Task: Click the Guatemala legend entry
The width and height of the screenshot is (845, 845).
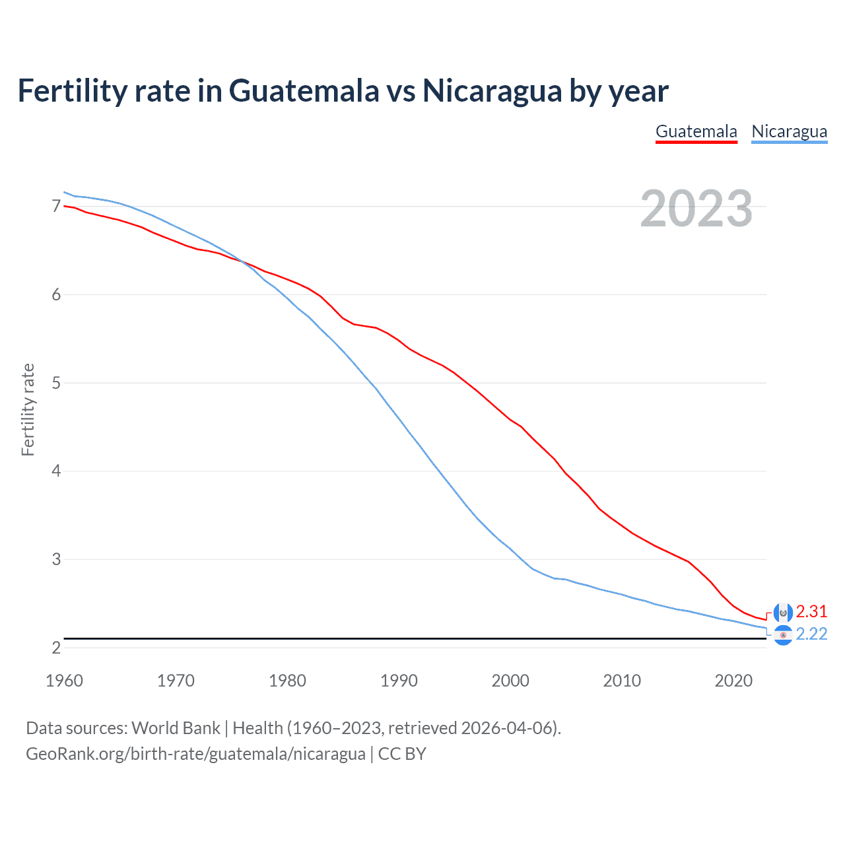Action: click(x=696, y=131)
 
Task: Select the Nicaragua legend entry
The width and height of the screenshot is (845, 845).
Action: click(x=789, y=131)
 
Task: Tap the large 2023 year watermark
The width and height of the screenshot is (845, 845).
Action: click(x=696, y=209)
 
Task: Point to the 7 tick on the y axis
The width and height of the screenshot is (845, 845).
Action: click(x=56, y=207)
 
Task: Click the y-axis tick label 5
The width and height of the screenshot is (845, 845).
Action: click(x=56, y=383)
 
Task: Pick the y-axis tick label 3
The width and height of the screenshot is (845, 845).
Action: click(x=56, y=559)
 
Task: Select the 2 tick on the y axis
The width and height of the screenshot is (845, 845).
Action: click(x=56, y=648)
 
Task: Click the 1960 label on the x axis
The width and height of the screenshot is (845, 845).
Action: click(x=64, y=681)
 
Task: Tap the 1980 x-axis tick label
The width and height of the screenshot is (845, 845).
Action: click(x=287, y=681)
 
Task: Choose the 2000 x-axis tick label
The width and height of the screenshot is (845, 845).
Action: click(x=510, y=681)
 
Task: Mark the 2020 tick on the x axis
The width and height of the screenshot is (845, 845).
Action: click(x=733, y=681)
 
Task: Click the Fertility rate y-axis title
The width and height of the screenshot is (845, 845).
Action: click(x=28, y=409)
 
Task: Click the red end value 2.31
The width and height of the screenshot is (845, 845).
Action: click(x=811, y=611)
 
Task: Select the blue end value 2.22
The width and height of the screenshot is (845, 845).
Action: click(x=811, y=634)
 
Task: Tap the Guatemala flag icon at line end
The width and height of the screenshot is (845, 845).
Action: click(x=783, y=613)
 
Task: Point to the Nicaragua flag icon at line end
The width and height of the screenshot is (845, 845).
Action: click(x=783, y=635)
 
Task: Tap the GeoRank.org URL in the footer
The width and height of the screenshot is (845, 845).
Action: click(x=195, y=753)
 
